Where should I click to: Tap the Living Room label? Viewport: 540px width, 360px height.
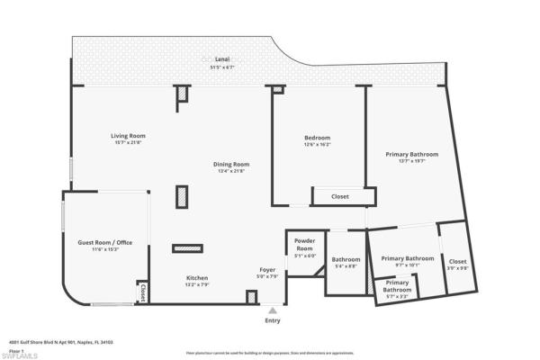pyautogui.click(x=130, y=136)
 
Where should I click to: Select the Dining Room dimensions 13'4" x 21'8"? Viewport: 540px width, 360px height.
pyautogui.click(x=231, y=171)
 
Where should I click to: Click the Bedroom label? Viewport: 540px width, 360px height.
pyautogui.click(x=317, y=137)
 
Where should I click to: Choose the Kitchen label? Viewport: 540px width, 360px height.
pyautogui.click(x=197, y=278)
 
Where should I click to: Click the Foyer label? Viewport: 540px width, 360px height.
pyautogui.click(x=268, y=269)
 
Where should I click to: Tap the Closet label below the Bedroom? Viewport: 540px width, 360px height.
pyautogui.click(x=340, y=195)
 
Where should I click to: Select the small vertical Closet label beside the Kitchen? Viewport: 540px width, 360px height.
pyautogui.click(x=143, y=292)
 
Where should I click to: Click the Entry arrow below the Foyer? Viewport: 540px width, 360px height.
pyautogui.click(x=273, y=310)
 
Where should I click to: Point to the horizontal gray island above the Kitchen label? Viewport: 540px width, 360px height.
pyautogui.click(x=188, y=247)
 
